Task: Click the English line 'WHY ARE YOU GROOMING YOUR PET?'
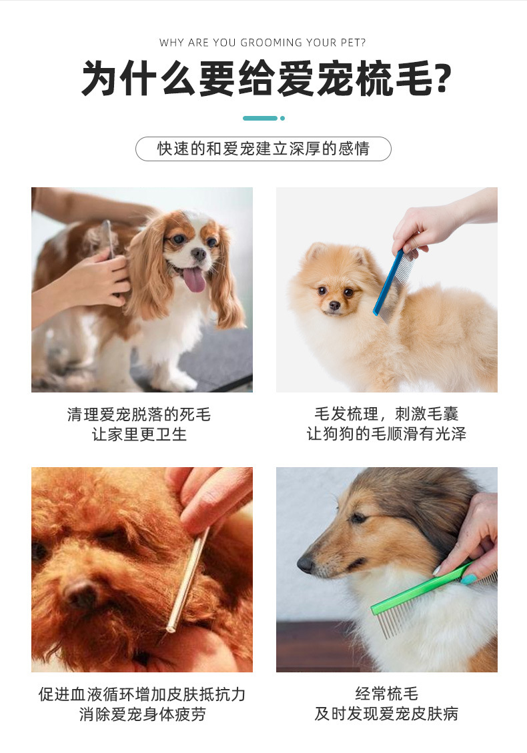pos(263,43)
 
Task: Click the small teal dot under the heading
pos(282,118)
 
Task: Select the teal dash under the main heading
pos(260,118)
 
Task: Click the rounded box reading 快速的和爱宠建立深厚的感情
pos(263,149)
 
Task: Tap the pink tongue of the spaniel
pos(195,279)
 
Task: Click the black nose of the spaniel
pos(198,254)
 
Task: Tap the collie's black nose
pos(306,564)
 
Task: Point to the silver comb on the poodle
pos(187,580)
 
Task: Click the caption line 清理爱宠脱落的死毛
pos(139,414)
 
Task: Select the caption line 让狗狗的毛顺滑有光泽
pos(387,434)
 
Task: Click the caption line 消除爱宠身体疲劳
pos(142,714)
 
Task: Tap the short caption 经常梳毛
pos(387,694)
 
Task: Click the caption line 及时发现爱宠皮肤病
pos(387,714)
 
